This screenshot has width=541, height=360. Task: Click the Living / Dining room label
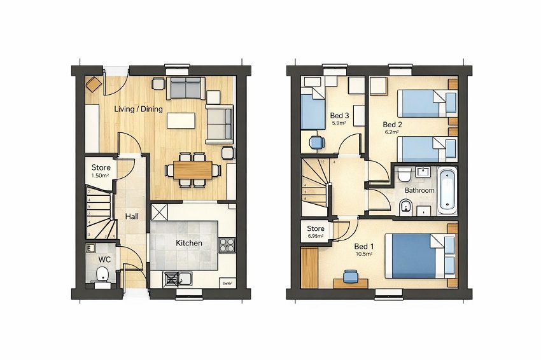[138, 109]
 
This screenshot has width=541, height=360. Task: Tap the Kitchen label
[188, 243]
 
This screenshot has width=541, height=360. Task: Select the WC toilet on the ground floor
[102, 275]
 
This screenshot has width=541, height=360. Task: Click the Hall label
[132, 216]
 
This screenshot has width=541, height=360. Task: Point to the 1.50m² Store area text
[101, 176]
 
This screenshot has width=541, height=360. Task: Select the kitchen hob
[227, 244]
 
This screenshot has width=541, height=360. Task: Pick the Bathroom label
[419, 190]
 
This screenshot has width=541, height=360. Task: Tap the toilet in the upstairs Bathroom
[405, 207]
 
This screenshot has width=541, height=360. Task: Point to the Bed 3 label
[338, 116]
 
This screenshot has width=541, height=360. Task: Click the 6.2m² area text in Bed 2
[391, 133]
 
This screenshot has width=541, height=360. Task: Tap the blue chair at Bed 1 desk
[349, 275]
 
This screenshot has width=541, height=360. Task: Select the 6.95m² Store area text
[316, 236]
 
